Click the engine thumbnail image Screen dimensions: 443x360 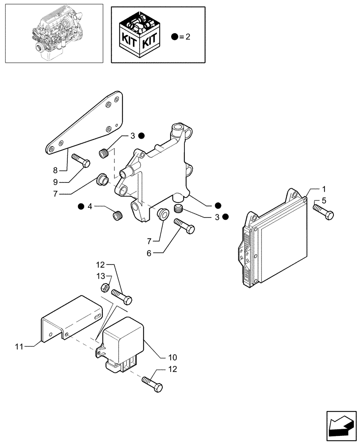53,34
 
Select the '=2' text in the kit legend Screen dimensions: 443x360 185,37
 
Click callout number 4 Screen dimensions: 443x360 90,206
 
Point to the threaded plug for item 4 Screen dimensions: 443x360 117,217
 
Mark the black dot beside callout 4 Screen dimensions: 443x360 81,206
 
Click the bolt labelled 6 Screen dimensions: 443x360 184,225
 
